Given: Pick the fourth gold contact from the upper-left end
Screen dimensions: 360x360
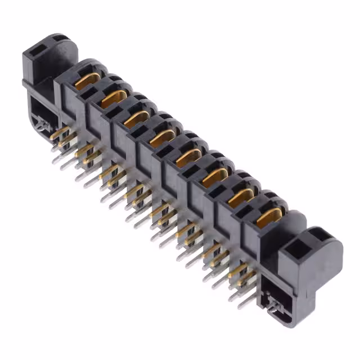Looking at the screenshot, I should (x=163, y=137).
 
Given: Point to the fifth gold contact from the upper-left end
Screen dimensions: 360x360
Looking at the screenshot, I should (x=188, y=157).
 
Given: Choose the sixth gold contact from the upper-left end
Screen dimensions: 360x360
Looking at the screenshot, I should (x=215, y=177).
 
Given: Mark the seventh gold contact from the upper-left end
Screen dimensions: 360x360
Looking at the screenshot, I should (x=242, y=196).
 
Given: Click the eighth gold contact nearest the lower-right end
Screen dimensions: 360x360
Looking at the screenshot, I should (x=269, y=217).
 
